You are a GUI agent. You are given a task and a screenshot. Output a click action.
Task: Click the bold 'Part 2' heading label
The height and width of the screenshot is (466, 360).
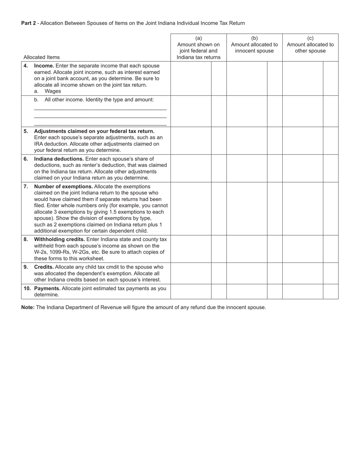tap(28, 23)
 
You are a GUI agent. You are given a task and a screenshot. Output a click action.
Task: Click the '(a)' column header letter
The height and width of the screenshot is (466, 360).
tap(199, 38)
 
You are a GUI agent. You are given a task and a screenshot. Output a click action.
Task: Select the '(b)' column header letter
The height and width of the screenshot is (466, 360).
tap(254, 38)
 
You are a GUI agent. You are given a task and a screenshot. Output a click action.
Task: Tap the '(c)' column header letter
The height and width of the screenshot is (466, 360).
tap(310, 38)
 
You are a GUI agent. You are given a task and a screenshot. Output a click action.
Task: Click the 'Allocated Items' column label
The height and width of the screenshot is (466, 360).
tap(41, 57)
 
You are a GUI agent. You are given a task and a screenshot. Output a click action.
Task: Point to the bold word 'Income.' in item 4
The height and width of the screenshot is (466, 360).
tap(44, 66)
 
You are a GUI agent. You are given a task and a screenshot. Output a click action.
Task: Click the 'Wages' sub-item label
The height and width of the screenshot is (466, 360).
tap(53, 91)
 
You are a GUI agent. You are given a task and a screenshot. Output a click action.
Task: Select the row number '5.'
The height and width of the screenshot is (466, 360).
tap(26, 131)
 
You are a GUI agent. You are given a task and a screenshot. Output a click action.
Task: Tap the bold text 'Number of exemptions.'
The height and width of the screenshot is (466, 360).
tap(63, 186)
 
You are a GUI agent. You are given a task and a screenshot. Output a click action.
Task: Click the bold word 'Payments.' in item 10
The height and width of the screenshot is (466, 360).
tap(47, 288)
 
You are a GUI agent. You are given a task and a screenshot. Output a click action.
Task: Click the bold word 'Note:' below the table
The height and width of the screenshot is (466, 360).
tap(28, 307)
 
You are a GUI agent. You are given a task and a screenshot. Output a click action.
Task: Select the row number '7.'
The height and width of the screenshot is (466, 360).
tap(26, 186)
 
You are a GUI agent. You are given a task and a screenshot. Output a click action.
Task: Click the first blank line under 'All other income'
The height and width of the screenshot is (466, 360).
tap(100, 109)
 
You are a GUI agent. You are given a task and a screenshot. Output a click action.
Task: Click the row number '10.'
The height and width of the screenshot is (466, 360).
tap(27, 288)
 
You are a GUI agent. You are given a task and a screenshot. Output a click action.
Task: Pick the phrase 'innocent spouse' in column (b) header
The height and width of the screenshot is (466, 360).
tap(254, 51)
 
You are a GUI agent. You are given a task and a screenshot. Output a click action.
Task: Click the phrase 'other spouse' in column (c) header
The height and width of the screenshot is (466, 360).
tap(310, 51)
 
